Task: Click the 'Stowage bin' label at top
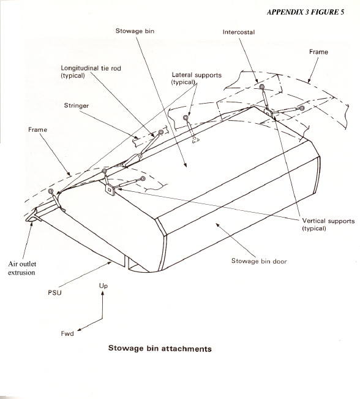click(x=135, y=31)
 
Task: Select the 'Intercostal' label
click(x=239, y=32)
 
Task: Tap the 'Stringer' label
click(x=77, y=105)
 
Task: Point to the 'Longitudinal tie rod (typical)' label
click(x=91, y=72)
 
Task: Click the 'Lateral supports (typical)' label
click(x=197, y=78)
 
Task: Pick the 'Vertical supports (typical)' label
click(x=328, y=224)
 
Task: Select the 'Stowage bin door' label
click(x=259, y=261)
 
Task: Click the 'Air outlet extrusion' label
click(x=22, y=268)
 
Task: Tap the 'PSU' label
click(x=54, y=292)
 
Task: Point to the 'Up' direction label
click(x=103, y=286)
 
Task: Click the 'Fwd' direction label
click(x=67, y=333)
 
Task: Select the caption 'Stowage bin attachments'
click(x=160, y=348)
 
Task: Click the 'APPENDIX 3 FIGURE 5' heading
click(x=306, y=12)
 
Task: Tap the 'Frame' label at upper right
click(x=318, y=52)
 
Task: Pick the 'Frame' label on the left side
click(x=37, y=130)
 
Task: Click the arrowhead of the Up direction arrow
click(x=103, y=293)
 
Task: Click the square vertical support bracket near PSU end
click(x=110, y=189)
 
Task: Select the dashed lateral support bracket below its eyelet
click(x=195, y=140)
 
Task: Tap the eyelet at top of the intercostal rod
click(x=262, y=87)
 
